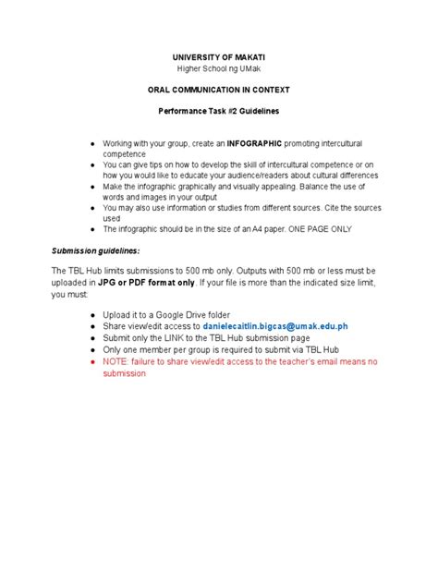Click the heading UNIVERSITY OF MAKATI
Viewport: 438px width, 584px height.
219,57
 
